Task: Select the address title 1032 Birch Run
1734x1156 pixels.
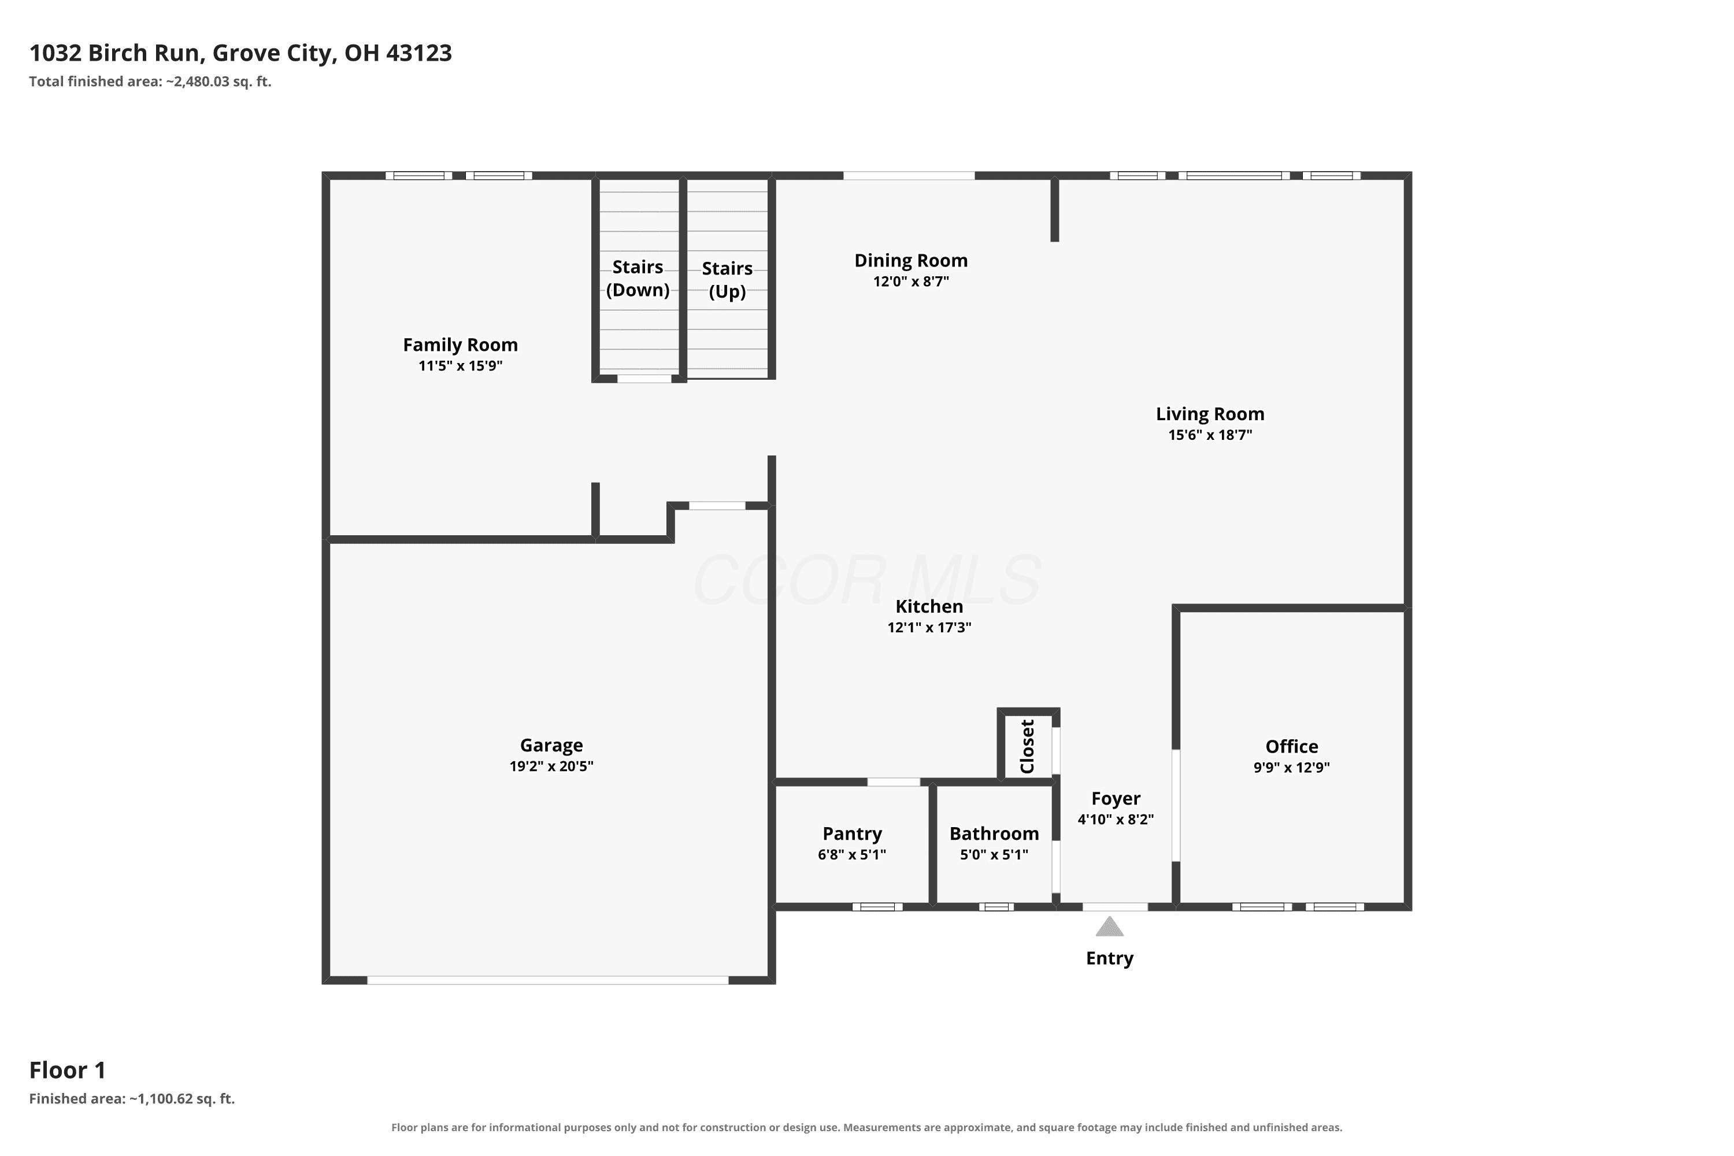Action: pos(114,53)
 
